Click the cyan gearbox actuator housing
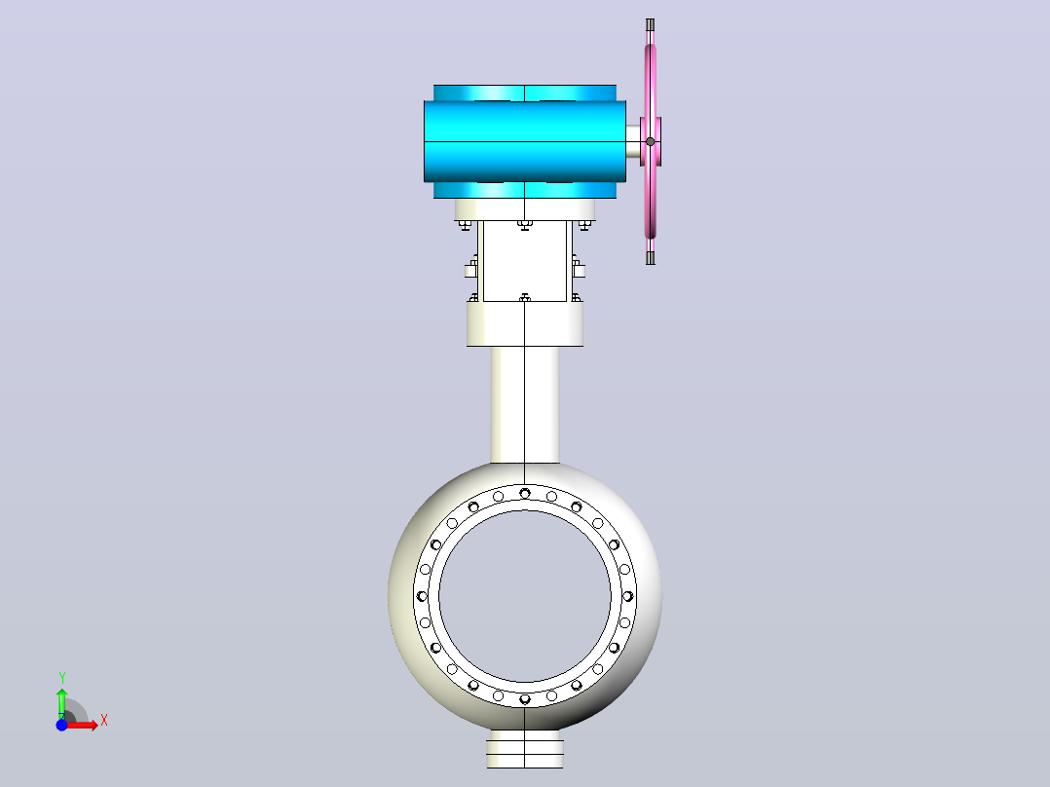click(x=524, y=141)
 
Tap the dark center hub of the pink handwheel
click(x=651, y=142)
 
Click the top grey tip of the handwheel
click(x=651, y=25)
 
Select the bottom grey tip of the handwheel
click(x=651, y=258)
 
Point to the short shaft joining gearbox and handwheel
click(x=633, y=142)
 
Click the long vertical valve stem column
click(x=524, y=404)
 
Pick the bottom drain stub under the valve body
click(x=524, y=749)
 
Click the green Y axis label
click(x=61, y=678)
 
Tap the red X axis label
click(x=104, y=721)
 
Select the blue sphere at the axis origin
click(x=61, y=725)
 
